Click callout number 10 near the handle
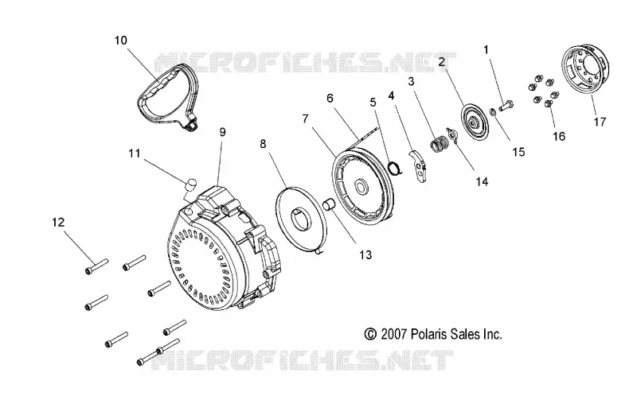pos(121,41)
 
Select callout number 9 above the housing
pos(222,132)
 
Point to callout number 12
pos(58,222)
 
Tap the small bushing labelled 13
pos(328,203)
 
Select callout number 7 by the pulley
pos(305,118)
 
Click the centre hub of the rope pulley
pos(361,187)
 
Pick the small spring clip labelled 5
pos(395,168)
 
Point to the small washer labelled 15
pos(491,112)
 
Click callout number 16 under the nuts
pos(559,136)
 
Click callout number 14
pos(482,181)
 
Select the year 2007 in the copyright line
pos(393,334)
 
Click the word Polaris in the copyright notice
pos(429,334)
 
